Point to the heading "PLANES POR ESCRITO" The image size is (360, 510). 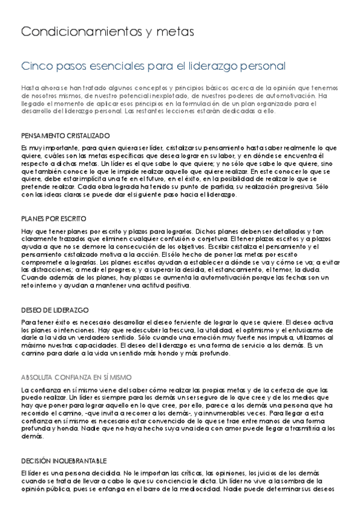point(53,218)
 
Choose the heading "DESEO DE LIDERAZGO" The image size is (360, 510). point(55,310)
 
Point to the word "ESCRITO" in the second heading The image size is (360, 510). point(73,218)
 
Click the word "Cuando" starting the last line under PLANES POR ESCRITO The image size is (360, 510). point(32,278)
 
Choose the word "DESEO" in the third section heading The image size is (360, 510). point(31,310)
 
